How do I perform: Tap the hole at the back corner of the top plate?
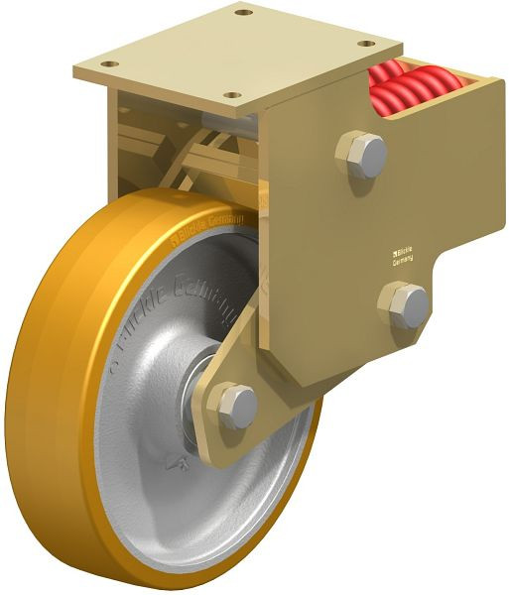tap(242, 13)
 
